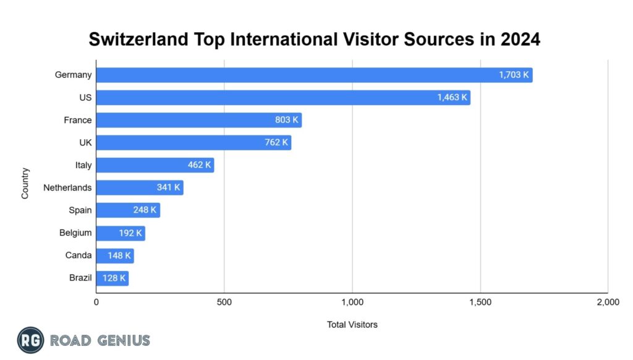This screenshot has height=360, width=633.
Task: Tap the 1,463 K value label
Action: (452, 98)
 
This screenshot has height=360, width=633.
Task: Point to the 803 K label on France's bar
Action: (287, 120)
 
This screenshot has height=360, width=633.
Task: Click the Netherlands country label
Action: (67, 187)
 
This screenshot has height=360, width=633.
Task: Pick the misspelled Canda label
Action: (79, 255)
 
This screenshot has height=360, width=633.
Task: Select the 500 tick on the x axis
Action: (224, 302)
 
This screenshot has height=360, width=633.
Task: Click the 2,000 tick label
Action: (608, 302)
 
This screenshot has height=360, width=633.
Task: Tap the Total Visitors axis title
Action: (352, 324)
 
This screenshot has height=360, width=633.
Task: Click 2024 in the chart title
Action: (520, 40)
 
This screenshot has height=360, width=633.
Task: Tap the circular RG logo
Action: (30, 340)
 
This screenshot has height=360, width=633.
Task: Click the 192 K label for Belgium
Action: (130, 233)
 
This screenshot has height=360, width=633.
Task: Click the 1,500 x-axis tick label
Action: (480, 302)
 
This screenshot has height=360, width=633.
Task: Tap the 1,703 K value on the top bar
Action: (514, 75)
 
